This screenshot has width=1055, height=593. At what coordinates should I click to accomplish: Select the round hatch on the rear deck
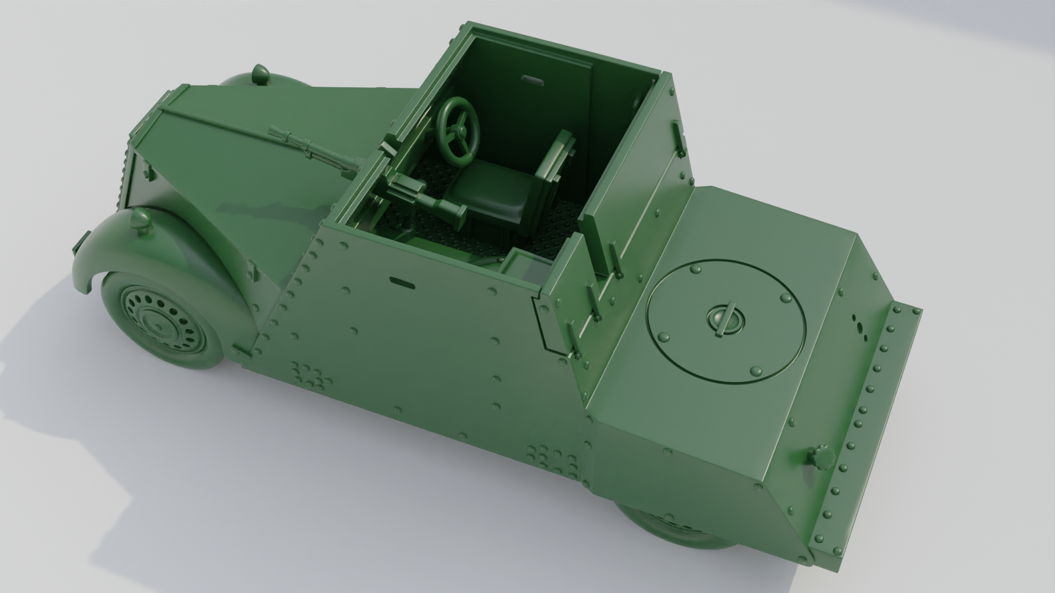point(725,321)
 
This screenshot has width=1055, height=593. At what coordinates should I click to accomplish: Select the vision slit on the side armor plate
point(402,283)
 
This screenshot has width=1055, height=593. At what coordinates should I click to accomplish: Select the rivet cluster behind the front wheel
point(310,376)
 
